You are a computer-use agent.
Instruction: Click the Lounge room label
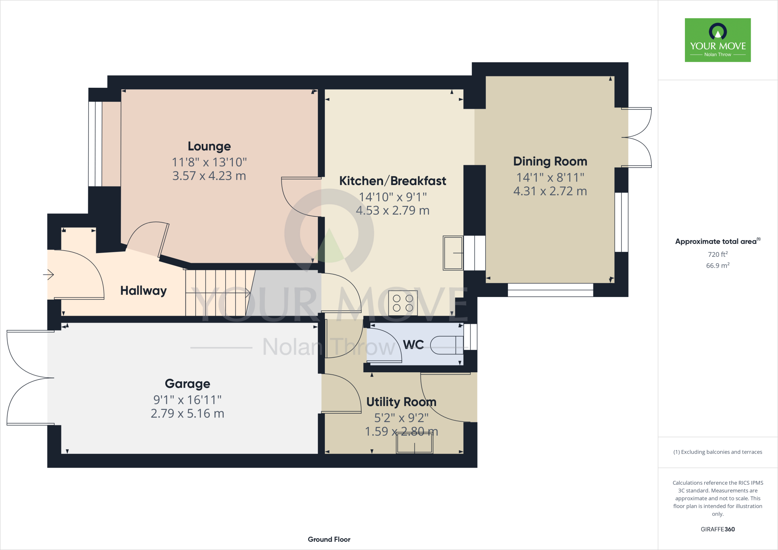point(209,146)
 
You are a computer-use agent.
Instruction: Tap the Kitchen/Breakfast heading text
point(392,181)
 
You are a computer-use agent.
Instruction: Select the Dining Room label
point(550,161)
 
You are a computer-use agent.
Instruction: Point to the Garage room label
point(187,384)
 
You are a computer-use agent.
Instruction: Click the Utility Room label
point(401,402)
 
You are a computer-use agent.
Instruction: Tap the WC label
point(413,345)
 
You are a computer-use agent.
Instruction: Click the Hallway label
point(143,291)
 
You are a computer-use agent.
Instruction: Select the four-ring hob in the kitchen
point(403,303)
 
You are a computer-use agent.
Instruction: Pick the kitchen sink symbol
point(453,253)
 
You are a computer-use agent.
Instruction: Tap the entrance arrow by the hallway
point(49,274)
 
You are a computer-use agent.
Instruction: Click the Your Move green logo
point(718,40)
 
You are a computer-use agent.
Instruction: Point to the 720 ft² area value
point(718,254)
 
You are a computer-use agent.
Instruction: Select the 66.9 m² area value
point(718,266)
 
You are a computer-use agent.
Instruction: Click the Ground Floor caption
point(329,539)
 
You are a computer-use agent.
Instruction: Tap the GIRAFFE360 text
point(718,529)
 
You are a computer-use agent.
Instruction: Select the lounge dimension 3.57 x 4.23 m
point(209,176)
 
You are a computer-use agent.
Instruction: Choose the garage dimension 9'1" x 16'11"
point(187,400)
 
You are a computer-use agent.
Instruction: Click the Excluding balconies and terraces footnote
point(718,452)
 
